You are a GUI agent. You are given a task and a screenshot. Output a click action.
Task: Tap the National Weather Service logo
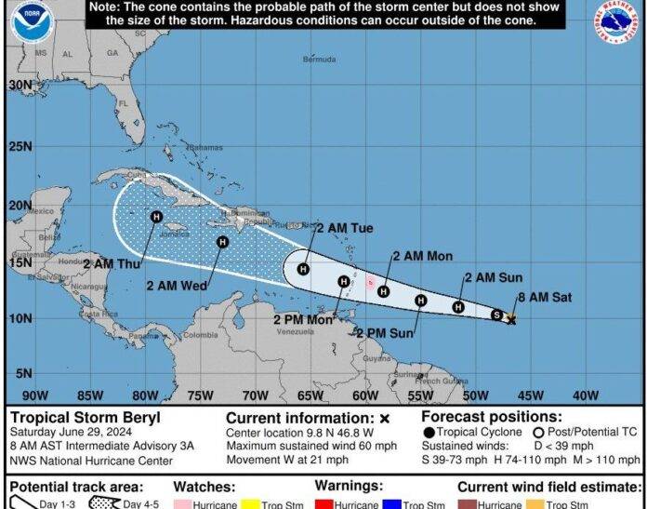click(617, 23)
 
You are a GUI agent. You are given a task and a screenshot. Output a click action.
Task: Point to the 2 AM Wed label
click(176, 286)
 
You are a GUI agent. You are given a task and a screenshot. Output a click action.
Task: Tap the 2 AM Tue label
click(344, 228)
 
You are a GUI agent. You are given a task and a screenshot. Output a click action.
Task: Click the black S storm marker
click(496, 315)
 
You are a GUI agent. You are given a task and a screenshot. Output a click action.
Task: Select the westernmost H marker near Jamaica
click(156, 217)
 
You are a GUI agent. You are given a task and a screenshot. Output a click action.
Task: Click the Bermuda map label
click(319, 60)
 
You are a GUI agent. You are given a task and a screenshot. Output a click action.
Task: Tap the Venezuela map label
click(297, 331)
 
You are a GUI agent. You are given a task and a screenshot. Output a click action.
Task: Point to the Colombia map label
click(206, 336)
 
